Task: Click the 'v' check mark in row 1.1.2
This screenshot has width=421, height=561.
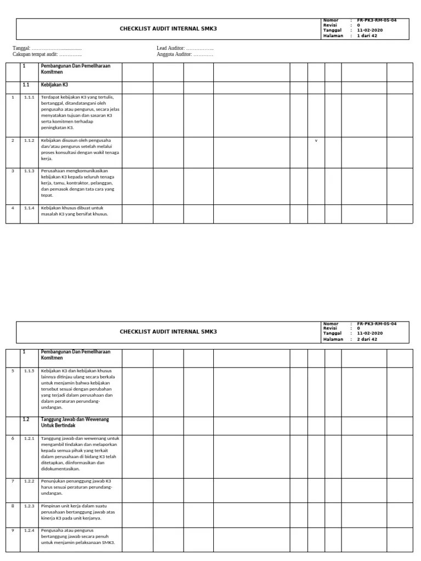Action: click(x=316, y=141)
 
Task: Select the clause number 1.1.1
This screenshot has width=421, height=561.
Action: click(x=29, y=97)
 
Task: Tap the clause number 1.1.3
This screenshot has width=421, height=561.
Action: click(x=29, y=171)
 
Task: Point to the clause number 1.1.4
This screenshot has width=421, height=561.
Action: click(x=29, y=208)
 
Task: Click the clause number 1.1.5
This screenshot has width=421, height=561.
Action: click(x=29, y=371)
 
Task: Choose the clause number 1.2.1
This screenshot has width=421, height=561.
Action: click(x=29, y=438)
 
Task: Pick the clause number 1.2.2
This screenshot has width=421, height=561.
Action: click(x=29, y=481)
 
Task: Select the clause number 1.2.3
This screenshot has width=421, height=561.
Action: click(x=29, y=506)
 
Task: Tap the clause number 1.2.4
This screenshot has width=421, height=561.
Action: click(x=29, y=530)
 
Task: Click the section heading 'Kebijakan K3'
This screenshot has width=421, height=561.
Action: click(x=54, y=85)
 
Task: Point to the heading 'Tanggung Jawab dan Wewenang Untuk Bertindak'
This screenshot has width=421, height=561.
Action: click(x=67, y=422)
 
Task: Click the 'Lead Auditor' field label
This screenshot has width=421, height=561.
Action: click(x=171, y=48)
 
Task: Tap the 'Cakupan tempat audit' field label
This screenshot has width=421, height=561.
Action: click(x=35, y=54)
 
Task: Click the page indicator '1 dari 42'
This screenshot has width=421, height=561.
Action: click(x=367, y=36)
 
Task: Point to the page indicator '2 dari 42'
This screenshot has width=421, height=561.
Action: click(x=367, y=339)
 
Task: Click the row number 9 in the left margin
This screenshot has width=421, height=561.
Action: click(x=13, y=530)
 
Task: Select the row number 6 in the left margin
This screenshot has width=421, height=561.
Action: click(x=13, y=438)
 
